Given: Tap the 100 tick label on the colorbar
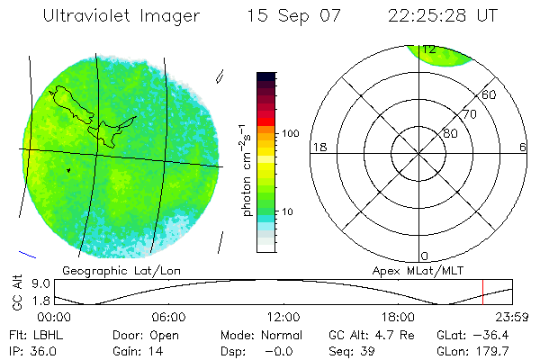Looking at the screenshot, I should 289,132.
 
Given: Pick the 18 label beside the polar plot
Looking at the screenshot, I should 318,147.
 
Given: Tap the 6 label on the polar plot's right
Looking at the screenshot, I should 523,147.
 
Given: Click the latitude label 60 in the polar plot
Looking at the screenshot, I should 490,94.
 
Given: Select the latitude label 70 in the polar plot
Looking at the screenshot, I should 469,114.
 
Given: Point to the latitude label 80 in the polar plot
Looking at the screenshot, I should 449,133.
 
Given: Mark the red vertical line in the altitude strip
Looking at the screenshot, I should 483,292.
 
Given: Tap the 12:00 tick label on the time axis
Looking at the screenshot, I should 283,317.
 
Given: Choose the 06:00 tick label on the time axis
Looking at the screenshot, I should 168,317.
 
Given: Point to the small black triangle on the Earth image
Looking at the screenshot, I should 67,169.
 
